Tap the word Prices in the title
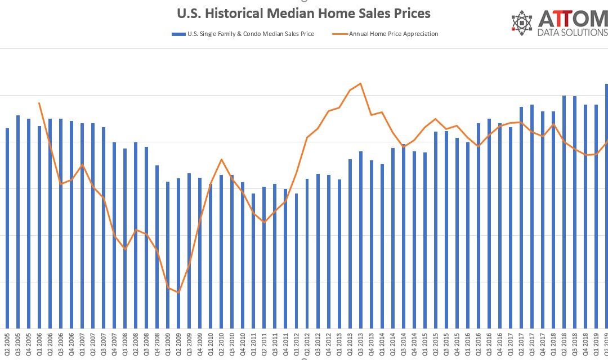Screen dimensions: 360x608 [409, 13]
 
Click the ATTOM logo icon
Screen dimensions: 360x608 [522, 21]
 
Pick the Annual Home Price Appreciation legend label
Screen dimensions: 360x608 [394, 34]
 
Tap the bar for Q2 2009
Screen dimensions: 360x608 [178, 253]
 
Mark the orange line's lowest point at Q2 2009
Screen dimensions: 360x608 [178, 292]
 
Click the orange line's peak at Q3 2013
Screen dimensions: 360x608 [360, 83]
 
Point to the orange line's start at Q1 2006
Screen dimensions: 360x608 [39, 103]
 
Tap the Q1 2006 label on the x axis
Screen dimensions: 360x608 [39, 344]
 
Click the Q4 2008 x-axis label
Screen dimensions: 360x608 [157, 344]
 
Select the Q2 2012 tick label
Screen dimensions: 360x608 [307, 344]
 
